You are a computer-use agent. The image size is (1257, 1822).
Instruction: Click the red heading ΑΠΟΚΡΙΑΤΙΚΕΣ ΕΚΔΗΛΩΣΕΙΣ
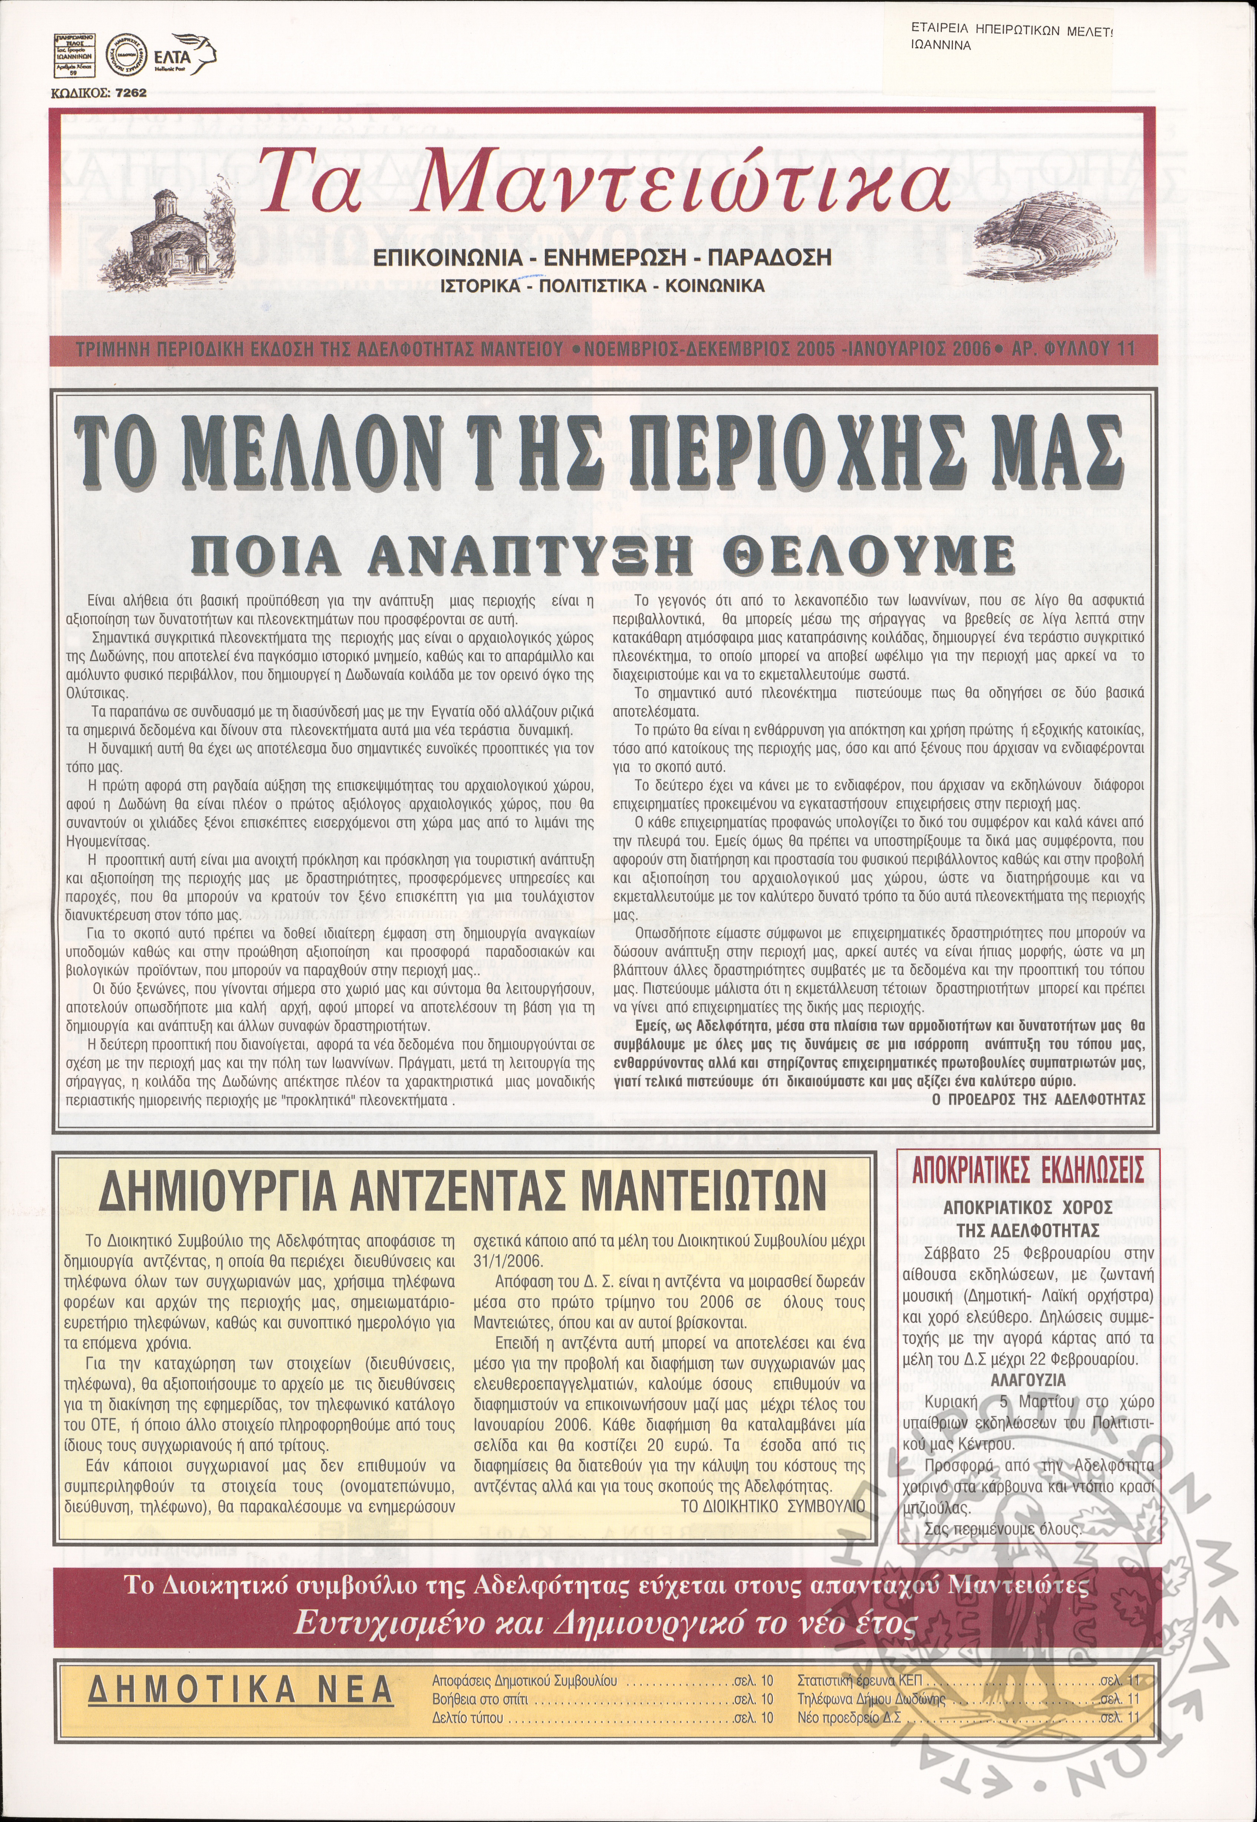[x=1028, y=1171]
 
